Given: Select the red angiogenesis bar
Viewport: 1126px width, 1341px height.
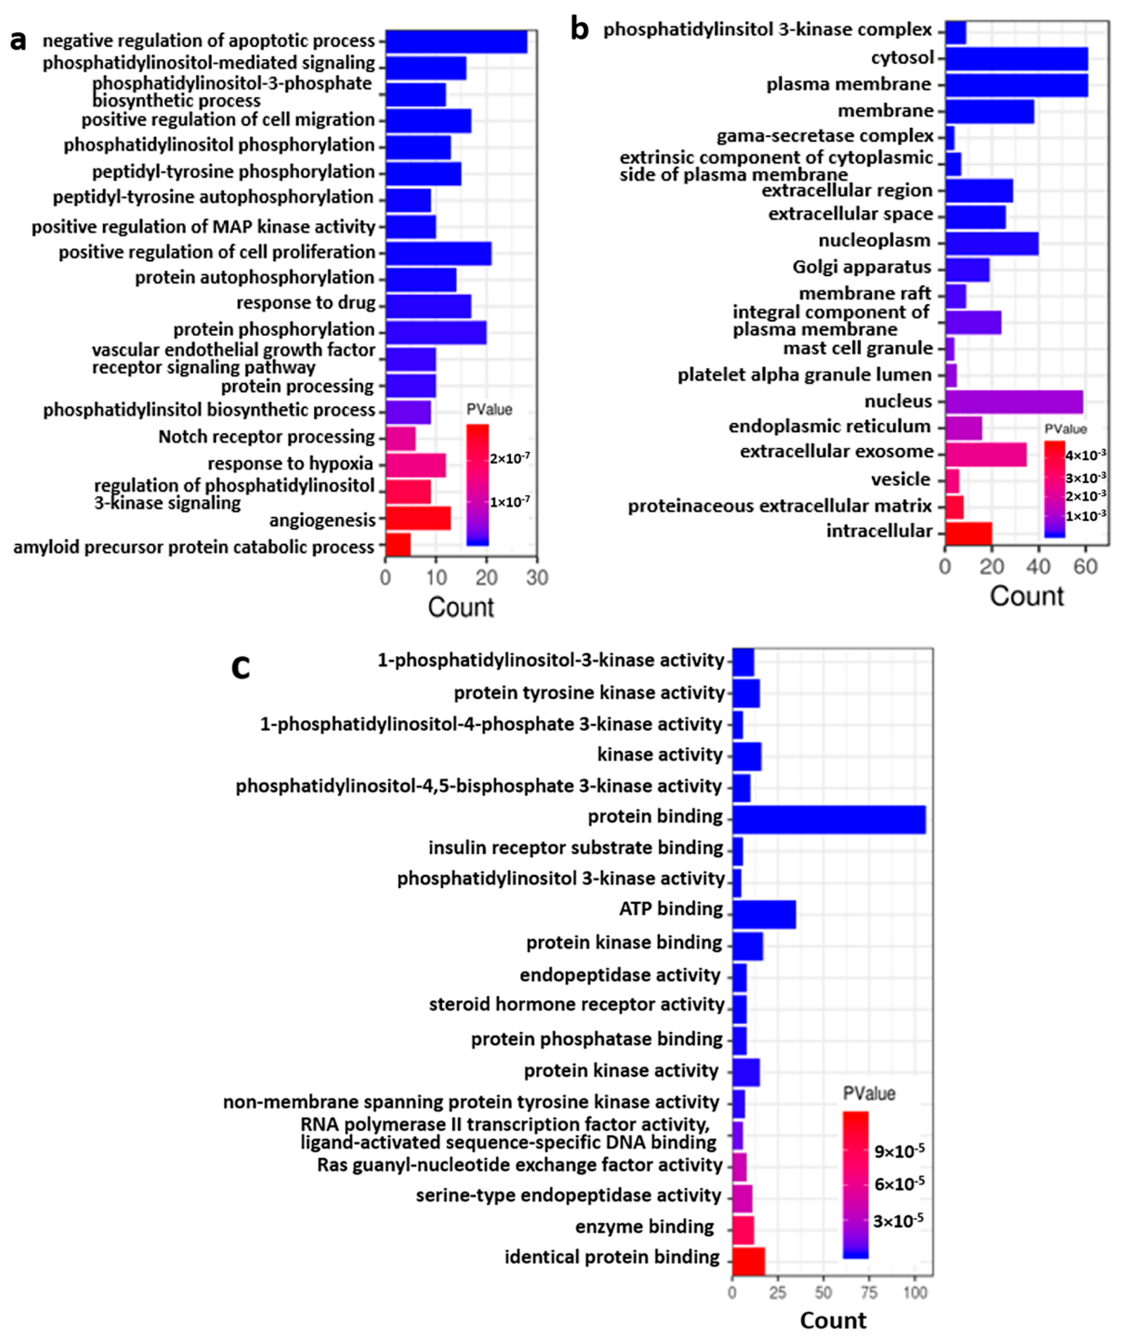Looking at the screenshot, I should tap(418, 518).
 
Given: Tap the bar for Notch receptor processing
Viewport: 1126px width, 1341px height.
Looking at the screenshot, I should tap(401, 439).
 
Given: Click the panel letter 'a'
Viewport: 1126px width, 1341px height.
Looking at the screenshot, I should tap(18, 41).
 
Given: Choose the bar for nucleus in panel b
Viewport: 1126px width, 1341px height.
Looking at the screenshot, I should tap(1014, 402).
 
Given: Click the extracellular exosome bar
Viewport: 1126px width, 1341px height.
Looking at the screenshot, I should tap(985, 454).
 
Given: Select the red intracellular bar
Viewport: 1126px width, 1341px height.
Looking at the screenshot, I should tap(968, 532).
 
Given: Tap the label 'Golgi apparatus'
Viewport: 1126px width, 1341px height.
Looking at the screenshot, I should tap(862, 267).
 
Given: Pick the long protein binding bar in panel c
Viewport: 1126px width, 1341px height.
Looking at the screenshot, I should tap(828, 819).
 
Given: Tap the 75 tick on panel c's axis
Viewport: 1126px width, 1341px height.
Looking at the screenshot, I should tap(869, 1292).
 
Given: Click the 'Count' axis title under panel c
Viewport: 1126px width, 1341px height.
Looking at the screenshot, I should tap(833, 1320).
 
